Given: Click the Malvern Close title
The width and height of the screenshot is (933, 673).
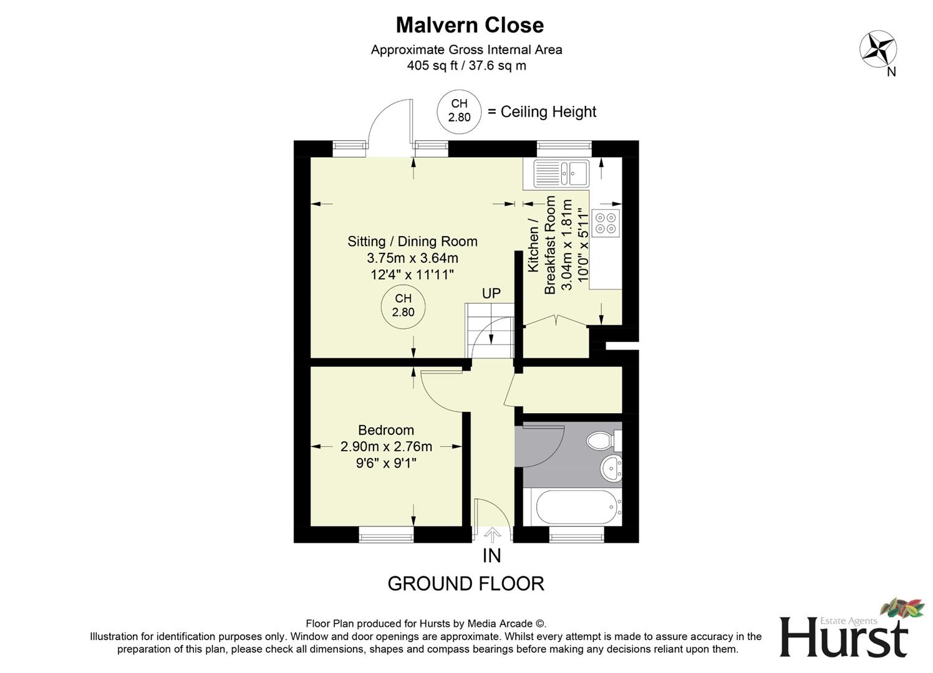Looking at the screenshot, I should (470, 25).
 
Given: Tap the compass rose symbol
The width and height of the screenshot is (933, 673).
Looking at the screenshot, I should (878, 49).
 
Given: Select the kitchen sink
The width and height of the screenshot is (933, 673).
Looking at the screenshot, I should (561, 173).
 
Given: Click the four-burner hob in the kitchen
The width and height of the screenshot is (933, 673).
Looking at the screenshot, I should (606, 223).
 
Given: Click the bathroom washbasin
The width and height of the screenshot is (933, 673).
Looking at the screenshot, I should (611, 467).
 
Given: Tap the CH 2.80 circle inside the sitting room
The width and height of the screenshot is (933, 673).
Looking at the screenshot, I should (403, 306).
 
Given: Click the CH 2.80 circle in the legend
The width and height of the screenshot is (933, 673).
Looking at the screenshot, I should (459, 111).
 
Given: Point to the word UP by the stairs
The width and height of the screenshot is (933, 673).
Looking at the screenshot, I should (491, 293).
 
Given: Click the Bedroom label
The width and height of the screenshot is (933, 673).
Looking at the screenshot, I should (385, 430).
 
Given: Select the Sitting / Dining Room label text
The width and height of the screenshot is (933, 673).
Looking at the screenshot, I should (412, 241).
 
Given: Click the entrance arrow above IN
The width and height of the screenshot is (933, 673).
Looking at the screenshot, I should (492, 535).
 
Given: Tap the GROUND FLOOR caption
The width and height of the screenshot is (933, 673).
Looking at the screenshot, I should (466, 584).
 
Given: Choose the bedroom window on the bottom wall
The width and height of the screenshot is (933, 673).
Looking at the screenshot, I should (386, 534).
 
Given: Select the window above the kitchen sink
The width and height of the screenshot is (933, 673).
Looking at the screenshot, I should (564, 148).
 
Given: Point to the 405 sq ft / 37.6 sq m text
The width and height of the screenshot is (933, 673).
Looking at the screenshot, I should (466, 65).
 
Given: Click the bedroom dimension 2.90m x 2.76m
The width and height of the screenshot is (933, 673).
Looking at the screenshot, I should (386, 446).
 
